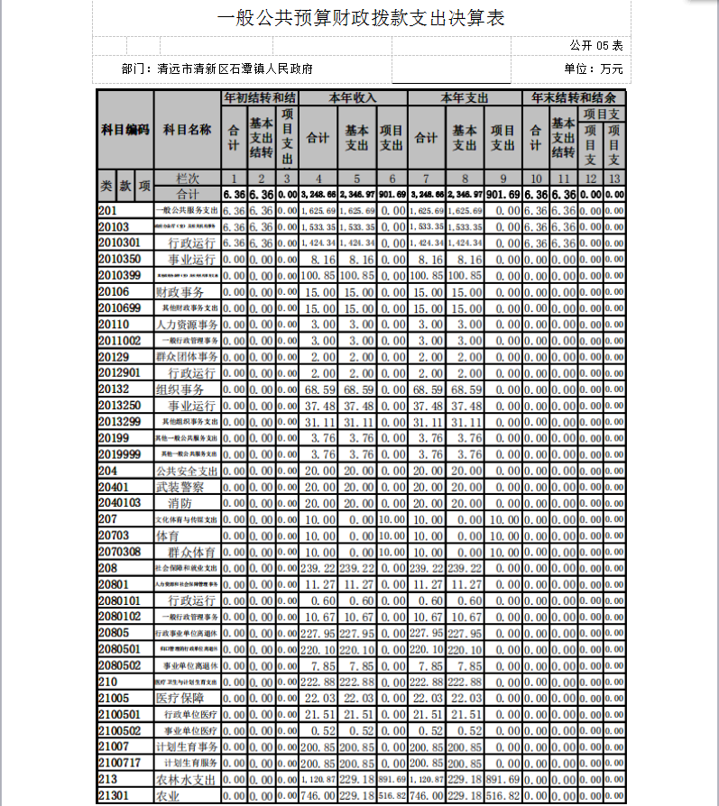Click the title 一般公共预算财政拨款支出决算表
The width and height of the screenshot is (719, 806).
[361, 18]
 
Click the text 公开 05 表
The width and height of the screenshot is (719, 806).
[596, 44]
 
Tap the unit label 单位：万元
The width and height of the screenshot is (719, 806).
[593, 69]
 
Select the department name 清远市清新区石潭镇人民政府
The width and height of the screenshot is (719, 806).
[235, 69]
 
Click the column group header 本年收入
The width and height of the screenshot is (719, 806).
[353, 97]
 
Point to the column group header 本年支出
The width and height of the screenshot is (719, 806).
[465, 97]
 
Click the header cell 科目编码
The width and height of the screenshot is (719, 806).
[124, 130]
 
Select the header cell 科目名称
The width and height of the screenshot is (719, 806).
[187, 130]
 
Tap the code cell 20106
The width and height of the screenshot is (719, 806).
[114, 292]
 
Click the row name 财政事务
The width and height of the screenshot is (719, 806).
[180, 292]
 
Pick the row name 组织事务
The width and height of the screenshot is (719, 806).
[180, 389]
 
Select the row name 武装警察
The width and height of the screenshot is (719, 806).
[180, 487]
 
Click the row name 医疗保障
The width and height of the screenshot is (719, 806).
[180, 698]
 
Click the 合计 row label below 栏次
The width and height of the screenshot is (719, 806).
[187, 194]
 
